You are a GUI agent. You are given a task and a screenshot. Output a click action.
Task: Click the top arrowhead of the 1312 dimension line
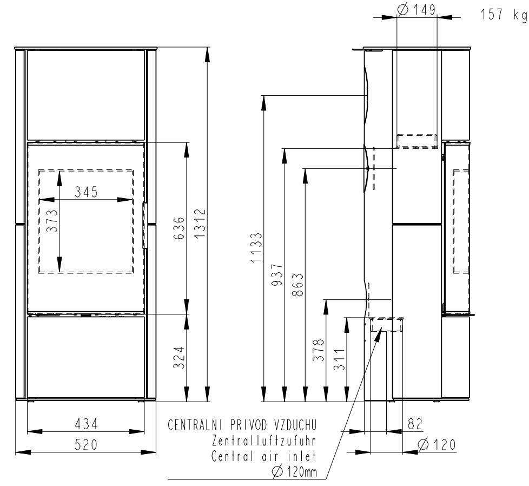(207, 48)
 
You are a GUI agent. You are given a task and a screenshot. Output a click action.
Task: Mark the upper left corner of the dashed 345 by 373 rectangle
(38, 170)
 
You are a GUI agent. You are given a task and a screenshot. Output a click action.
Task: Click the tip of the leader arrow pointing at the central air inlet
(382, 327)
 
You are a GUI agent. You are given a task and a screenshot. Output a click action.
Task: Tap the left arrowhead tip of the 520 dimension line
(16, 452)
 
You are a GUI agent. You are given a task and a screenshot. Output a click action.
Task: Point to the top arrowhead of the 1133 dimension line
(264, 96)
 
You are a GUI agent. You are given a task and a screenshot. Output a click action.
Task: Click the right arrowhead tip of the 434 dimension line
(145, 432)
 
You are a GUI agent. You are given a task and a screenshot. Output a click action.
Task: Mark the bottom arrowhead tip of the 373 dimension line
(59, 272)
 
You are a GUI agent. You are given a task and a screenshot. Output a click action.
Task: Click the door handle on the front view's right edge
(146, 226)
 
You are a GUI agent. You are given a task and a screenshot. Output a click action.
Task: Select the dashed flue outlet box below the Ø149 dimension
(417, 141)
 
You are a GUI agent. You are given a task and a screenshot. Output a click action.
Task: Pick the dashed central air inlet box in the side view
(387, 324)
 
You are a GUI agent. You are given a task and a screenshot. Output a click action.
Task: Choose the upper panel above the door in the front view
(85, 95)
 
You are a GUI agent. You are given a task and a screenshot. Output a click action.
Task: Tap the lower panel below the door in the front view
(85, 357)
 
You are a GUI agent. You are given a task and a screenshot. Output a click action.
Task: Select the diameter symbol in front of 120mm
(277, 471)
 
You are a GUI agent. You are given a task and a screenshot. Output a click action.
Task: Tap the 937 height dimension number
(277, 275)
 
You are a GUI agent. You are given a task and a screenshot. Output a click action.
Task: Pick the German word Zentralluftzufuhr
(264, 441)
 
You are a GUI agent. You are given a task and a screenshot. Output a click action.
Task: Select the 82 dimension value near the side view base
(415, 424)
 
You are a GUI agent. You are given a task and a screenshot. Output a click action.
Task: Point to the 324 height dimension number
(179, 357)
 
